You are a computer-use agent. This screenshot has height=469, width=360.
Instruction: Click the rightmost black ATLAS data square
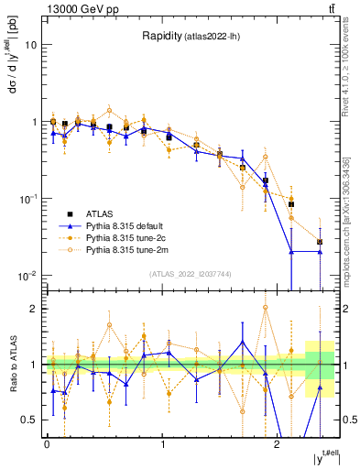(320, 242)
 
